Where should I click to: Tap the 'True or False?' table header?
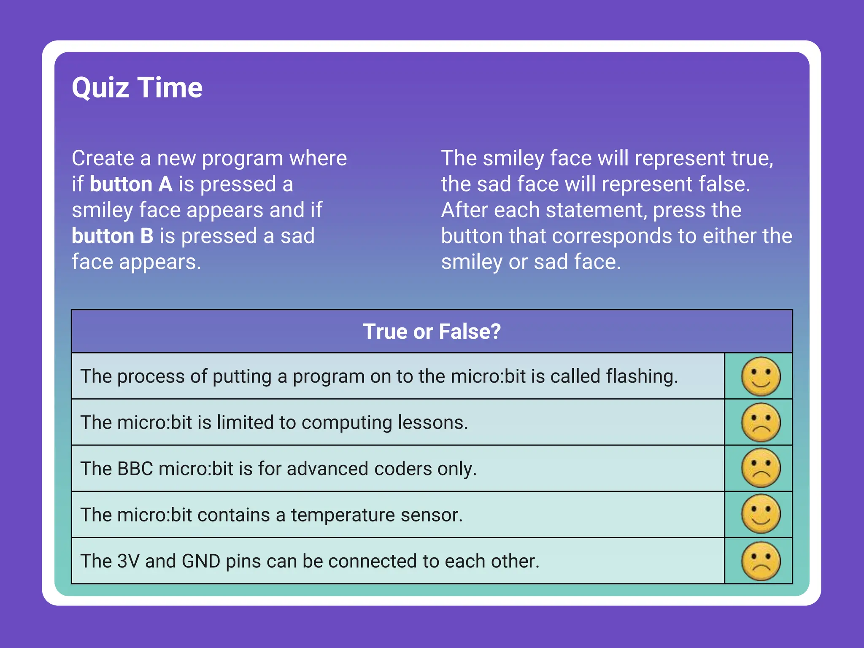(432, 332)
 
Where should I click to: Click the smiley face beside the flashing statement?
(761, 376)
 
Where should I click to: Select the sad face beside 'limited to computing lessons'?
(761, 422)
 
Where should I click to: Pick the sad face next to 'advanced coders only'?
(761, 468)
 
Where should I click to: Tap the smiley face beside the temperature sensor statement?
(761, 514)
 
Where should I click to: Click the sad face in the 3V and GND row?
(761, 561)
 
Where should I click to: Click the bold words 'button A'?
(131, 184)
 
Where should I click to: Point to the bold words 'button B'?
(113, 236)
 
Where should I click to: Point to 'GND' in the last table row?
(201, 561)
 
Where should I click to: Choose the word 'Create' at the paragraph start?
(103, 158)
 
